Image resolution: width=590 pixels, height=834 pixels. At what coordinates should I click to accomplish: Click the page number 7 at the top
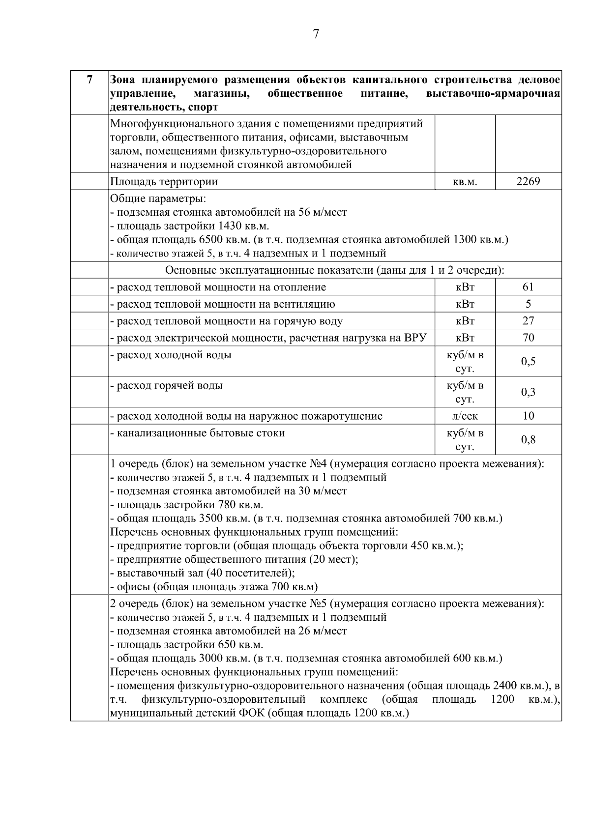(x=316, y=34)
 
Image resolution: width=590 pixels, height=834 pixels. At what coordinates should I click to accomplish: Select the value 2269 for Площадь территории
(x=528, y=181)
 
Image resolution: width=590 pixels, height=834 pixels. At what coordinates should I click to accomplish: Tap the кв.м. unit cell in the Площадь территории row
(x=465, y=182)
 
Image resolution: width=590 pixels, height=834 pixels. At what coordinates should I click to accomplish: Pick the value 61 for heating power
(x=528, y=287)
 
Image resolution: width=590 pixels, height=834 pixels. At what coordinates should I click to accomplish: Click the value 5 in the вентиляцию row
(x=528, y=304)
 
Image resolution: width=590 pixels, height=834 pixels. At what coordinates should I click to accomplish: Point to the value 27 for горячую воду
(x=528, y=321)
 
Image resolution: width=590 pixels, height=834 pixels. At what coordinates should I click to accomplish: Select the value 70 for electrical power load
(x=528, y=338)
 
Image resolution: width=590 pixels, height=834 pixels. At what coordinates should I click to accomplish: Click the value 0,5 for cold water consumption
(x=528, y=362)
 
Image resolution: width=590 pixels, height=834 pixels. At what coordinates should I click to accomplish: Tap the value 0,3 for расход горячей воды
(x=528, y=392)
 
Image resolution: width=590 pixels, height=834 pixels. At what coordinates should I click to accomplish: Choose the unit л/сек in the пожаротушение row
(x=465, y=416)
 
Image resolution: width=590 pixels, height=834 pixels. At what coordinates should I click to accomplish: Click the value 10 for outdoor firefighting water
(x=528, y=416)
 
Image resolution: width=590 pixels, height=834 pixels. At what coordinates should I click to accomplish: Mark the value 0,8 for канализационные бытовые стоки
(x=528, y=440)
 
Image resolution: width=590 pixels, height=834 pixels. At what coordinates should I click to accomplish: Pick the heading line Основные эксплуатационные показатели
(x=334, y=270)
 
